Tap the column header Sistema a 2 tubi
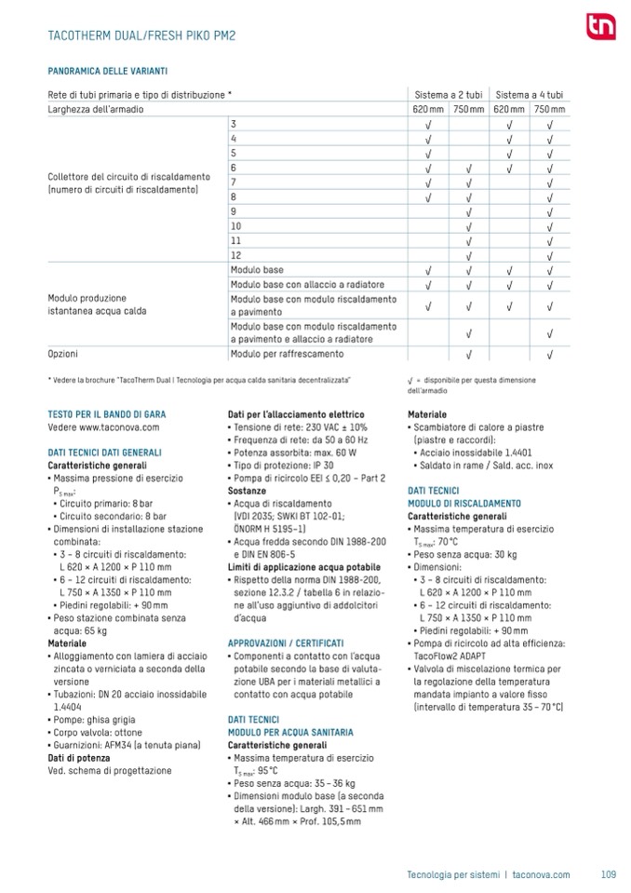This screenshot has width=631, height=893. point(448,95)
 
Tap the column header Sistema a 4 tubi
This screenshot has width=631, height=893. point(530,95)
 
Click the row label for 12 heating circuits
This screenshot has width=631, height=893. point(235,254)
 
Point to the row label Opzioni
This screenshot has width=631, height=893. point(63,354)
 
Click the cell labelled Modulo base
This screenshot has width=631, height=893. point(257,269)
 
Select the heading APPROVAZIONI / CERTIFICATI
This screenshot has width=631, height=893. point(286,643)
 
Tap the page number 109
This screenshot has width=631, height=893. point(609,874)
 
